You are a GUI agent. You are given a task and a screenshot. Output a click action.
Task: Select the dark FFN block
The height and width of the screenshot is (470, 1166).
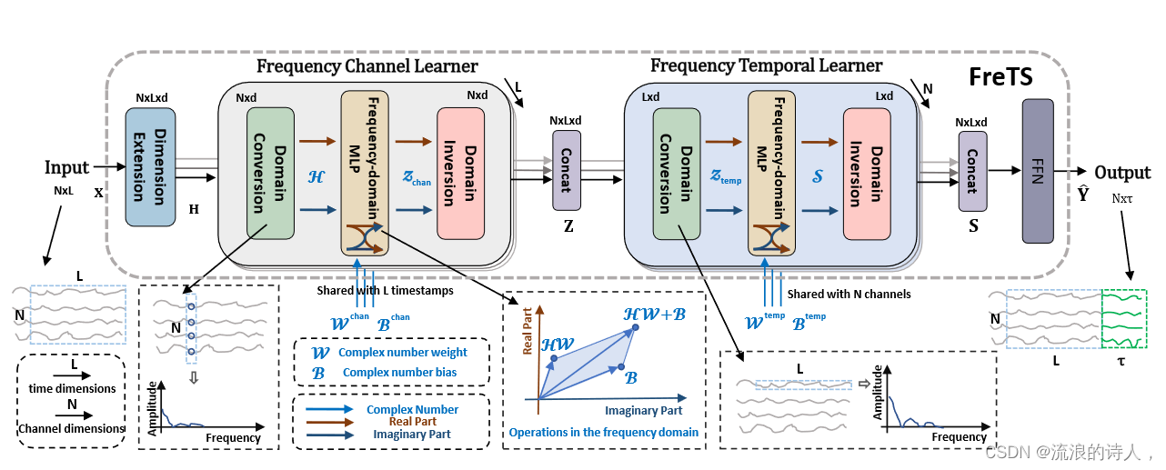(x=1037, y=171)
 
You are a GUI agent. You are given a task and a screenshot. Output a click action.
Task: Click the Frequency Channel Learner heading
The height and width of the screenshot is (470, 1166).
(x=367, y=66)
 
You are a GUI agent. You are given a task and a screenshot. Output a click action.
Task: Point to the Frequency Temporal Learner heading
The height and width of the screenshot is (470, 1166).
(x=766, y=65)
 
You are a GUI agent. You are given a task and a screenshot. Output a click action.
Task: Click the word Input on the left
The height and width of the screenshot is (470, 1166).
(x=67, y=167)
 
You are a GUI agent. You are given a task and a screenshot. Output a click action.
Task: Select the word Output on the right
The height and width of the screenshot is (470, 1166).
(x=1122, y=173)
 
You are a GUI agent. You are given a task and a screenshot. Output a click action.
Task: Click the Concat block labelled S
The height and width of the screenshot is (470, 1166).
(x=972, y=171)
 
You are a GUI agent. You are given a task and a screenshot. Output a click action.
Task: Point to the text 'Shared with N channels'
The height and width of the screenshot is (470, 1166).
(x=849, y=294)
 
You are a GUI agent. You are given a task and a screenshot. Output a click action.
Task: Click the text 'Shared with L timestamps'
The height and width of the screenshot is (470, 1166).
(x=386, y=291)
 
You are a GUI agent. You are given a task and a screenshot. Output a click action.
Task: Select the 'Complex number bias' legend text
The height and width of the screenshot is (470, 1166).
(x=397, y=372)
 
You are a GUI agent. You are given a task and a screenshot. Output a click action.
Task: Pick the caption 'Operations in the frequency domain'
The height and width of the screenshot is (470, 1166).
(x=604, y=432)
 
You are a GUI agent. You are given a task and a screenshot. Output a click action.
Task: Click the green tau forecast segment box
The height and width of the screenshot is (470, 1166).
(x=1124, y=319)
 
